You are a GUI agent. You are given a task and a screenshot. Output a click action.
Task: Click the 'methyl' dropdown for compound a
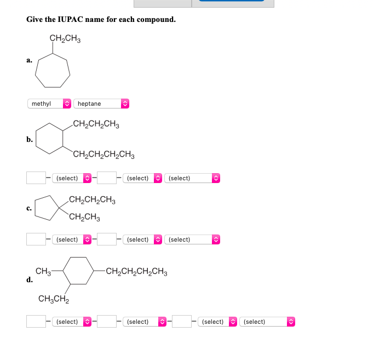(x=49, y=104)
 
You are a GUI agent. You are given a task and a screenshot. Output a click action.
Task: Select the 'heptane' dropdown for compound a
(x=101, y=104)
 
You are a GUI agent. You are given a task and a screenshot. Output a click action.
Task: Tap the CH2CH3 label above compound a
(x=65, y=38)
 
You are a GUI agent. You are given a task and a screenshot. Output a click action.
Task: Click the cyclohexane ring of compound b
(x=49, y=139)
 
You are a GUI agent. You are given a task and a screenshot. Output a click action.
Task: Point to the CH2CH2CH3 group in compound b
(x=95, y=124)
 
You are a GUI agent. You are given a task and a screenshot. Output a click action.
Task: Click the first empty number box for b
(x=36, y=178)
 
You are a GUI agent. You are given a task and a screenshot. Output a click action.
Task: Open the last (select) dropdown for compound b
(x=192, y=178)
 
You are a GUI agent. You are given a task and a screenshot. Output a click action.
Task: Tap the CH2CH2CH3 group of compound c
(x=91, y=200)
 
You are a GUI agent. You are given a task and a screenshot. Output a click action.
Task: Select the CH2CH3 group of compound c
(x=84, y=218)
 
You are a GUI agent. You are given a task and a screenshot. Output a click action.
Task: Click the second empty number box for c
(x=106, y=239)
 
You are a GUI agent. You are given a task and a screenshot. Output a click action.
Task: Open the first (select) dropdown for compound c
(x=72, y=239)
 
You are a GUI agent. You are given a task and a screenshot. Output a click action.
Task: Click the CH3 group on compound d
(x=43, y=271)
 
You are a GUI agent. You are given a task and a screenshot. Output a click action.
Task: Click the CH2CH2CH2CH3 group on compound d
(x=136, y=271)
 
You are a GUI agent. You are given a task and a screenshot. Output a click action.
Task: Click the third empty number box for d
(x=182, y=322)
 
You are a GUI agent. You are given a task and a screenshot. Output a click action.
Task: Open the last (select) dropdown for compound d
(x=268, y=322)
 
